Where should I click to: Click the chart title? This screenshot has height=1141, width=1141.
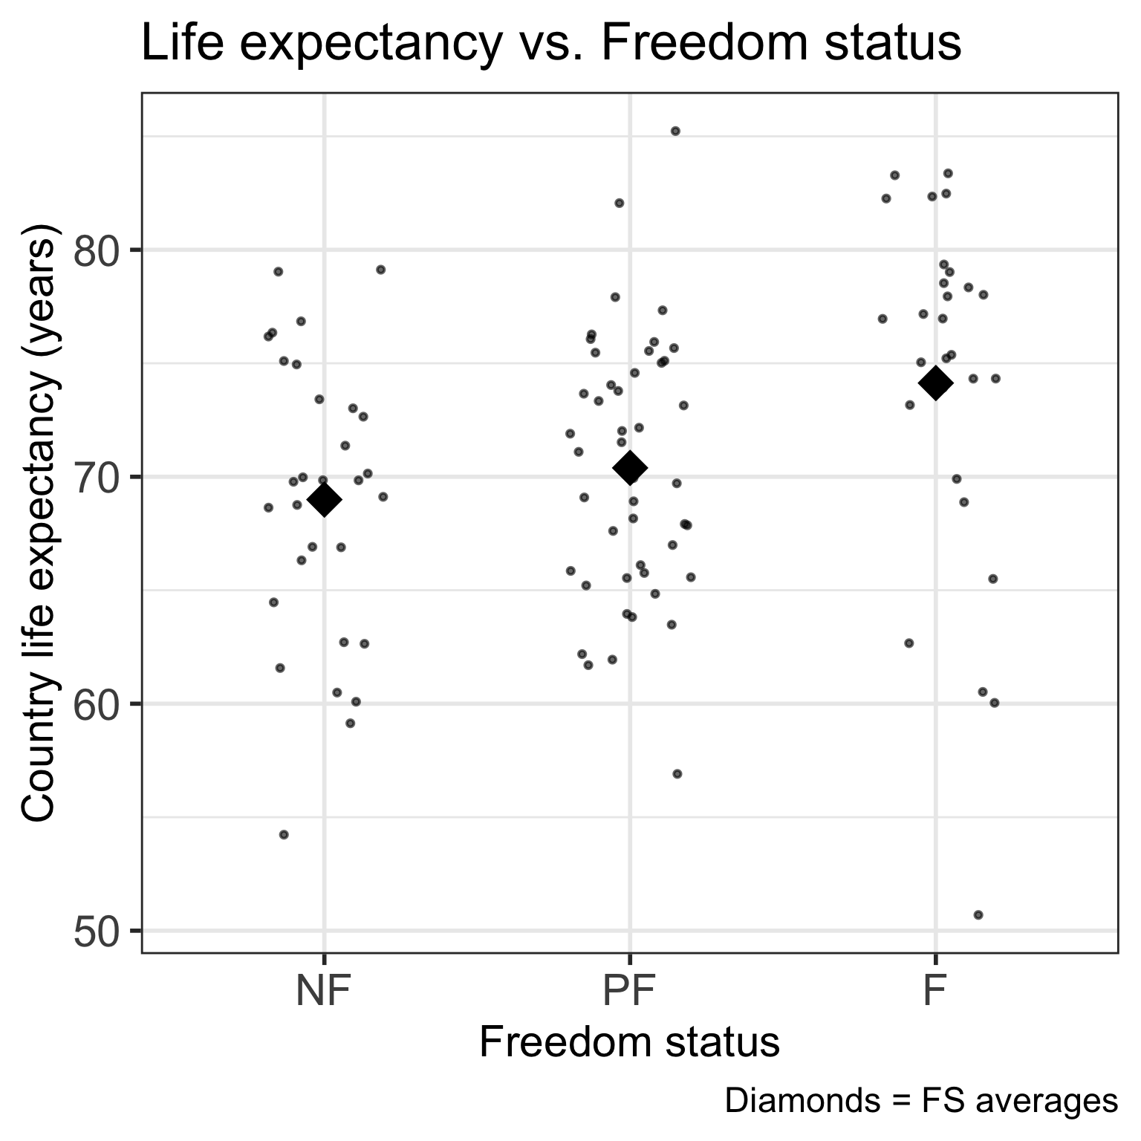coord(550,43)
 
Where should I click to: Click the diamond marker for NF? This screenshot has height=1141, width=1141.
coord(324,501)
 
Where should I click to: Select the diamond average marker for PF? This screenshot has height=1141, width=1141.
coord(630,467)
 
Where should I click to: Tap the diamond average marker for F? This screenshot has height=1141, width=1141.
coord(935,383)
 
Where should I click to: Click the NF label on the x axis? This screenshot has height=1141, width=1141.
coord(323,992)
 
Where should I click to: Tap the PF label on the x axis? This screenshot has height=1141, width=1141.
coord(629,992)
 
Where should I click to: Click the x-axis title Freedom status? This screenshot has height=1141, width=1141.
coord(629,1042)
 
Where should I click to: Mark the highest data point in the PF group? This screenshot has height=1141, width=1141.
coord(675,131)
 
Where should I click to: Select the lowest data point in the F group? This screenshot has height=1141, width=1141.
coord(978,914)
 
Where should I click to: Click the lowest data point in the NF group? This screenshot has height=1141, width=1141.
coord(283,834)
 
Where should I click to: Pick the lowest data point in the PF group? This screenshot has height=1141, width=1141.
coord(677,774)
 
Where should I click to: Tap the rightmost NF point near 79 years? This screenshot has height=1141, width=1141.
coord(380,269)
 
